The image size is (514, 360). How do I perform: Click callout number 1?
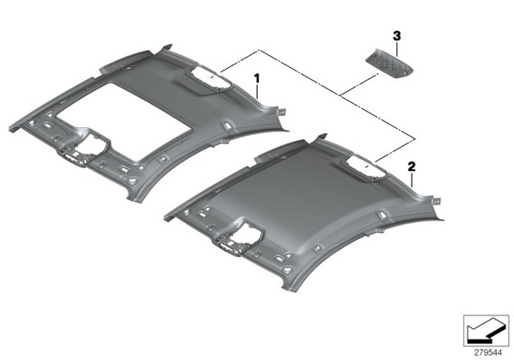click(257, 78)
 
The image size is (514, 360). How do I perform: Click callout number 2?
click(412, 167)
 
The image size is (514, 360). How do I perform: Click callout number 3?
click(396, 36)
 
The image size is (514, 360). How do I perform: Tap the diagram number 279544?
click(487, 353)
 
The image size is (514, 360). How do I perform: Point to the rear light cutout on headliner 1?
click(209, 79)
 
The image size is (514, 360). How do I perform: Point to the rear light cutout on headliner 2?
click(364, 168)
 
